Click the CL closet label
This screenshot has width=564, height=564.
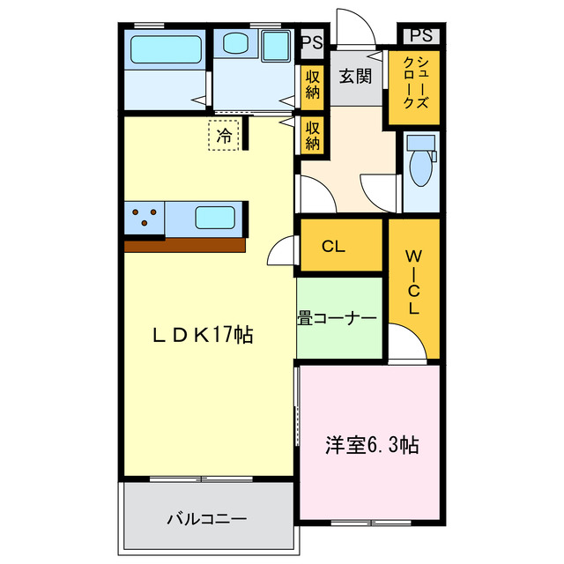(333, 247)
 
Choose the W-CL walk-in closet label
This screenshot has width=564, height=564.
(412, 282)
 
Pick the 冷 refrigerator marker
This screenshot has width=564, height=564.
(225, 136)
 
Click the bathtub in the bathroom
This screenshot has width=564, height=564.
(167, 49)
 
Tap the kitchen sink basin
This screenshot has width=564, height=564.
(214, 218)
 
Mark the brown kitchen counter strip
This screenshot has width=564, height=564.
(184, 245)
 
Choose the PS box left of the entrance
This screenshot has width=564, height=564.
(311, 41)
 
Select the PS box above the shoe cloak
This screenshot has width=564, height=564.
(421, 36)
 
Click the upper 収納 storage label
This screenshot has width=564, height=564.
(313, 85)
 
